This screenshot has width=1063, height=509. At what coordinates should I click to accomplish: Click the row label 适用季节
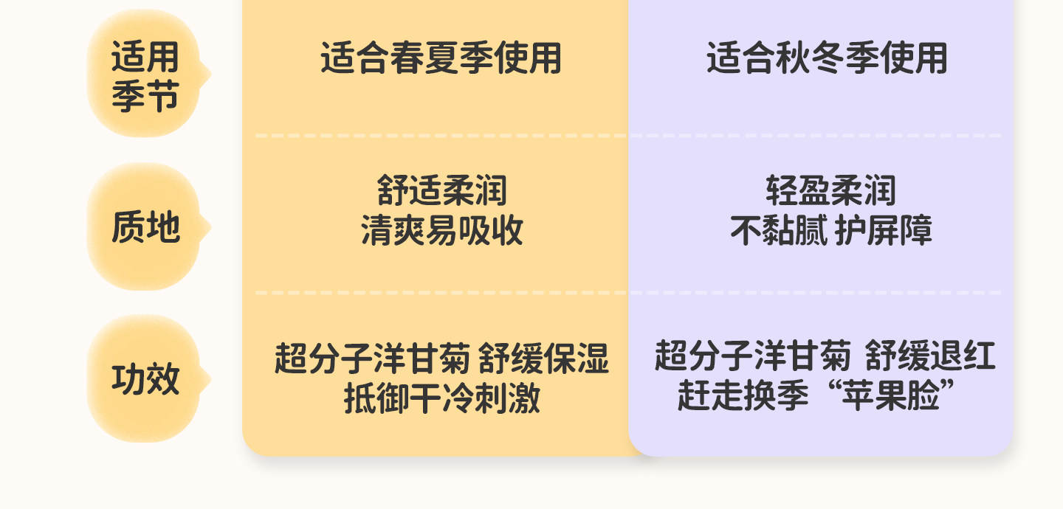click(145, 76)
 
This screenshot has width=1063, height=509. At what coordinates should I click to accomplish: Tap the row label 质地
click(145, 227)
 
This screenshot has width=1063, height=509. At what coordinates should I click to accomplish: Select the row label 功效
click(145, 380)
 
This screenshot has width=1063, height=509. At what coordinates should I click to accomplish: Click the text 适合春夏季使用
click(441, 59)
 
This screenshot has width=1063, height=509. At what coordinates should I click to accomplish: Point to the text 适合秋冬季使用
click(827, 59)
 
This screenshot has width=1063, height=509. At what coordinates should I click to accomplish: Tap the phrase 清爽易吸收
click(441, 231)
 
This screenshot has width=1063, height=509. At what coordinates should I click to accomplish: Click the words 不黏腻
click(779, 231)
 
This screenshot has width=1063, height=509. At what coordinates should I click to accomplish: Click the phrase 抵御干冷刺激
click(441, 399)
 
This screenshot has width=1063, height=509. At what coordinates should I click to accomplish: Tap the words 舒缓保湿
click(544, 360)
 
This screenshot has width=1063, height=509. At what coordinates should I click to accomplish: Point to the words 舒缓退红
click(930, 356)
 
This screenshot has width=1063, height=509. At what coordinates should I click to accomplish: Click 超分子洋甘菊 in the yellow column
click(372, 360)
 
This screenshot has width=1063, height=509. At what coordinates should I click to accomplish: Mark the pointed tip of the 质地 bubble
click(210, 227)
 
